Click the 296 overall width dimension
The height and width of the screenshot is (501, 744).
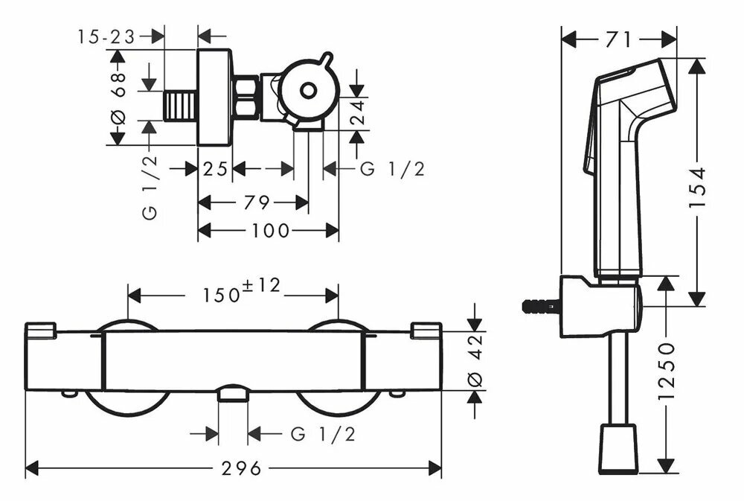pos(241,469)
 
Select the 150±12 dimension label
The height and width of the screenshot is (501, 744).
pos(242,290)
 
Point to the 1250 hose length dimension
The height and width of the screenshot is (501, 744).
pos(667,371)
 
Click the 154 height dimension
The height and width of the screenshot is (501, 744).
pos(697,187)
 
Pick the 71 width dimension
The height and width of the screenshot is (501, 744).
pos(619,40)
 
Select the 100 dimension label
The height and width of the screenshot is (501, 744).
pos(270,231)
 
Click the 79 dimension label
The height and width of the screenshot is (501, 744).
pos(257,202)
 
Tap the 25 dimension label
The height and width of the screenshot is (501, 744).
pos(215,168)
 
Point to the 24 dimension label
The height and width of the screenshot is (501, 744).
pos(359,112)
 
